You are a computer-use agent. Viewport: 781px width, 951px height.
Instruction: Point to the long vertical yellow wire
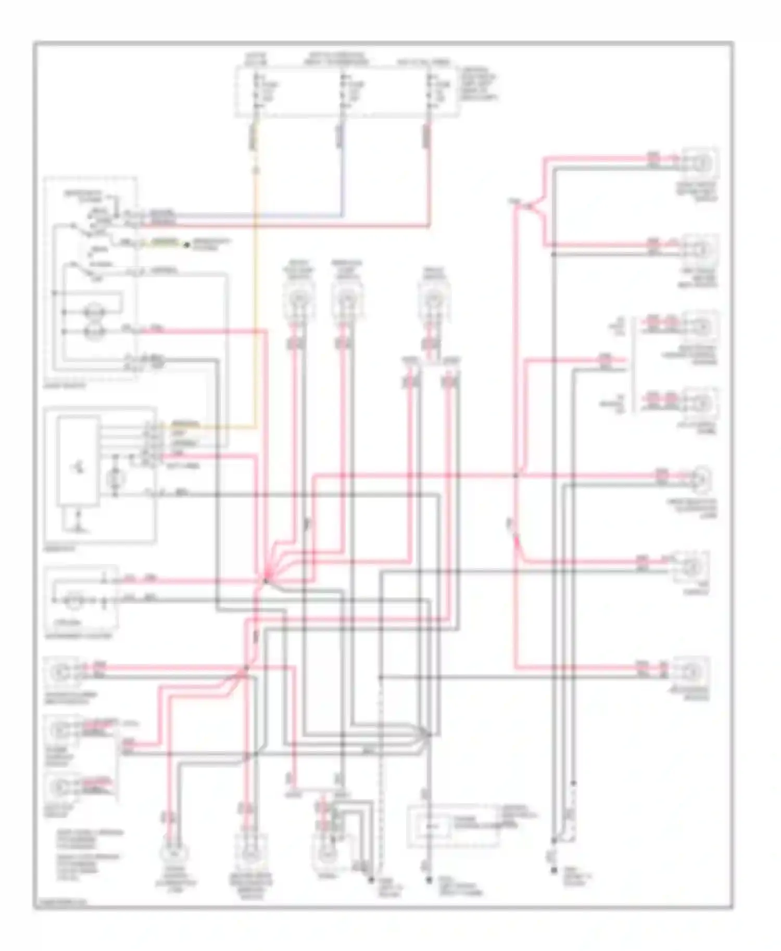[256, 291]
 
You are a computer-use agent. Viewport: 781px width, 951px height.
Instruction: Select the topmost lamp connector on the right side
[701, 163]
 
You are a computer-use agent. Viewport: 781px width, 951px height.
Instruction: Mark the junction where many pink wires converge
[265, 580]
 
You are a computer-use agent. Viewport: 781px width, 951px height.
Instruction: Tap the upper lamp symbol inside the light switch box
[95, 312]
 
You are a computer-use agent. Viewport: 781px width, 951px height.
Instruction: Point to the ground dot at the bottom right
[554, 870]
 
